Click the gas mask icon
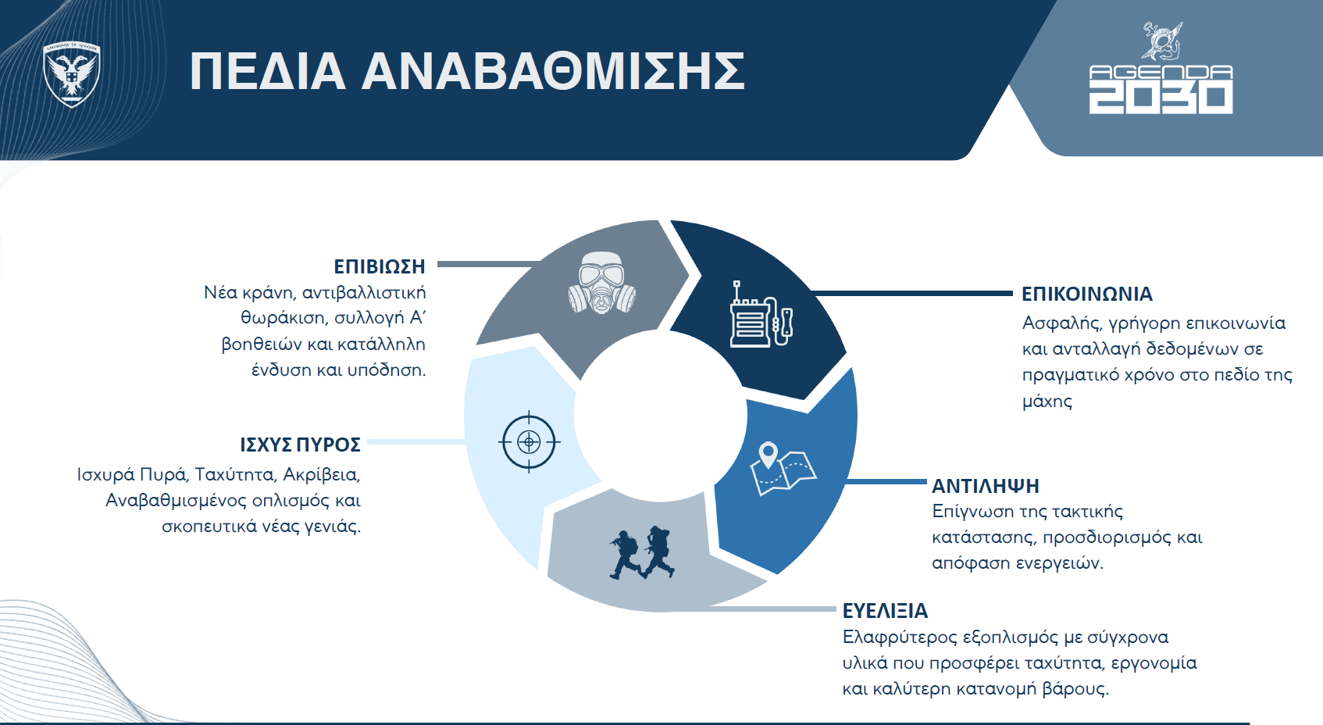(602, 283)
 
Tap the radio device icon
(761, 314)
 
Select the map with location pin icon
(783, 470)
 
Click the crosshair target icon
(530, 441)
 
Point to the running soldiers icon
(642, 552)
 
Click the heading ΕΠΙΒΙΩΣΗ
(380, 266)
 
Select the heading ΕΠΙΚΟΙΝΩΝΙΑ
(1087, 294)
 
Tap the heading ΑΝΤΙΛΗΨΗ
(985, 486)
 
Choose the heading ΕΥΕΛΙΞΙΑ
(885, 610)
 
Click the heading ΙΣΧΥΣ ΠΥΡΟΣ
(300, 445)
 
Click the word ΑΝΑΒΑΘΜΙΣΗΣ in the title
(553, 72)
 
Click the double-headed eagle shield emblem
(72, 74)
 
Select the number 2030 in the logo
(1161, 98)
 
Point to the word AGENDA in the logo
(1161, 72)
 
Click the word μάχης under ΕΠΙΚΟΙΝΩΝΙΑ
(1047, 402)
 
